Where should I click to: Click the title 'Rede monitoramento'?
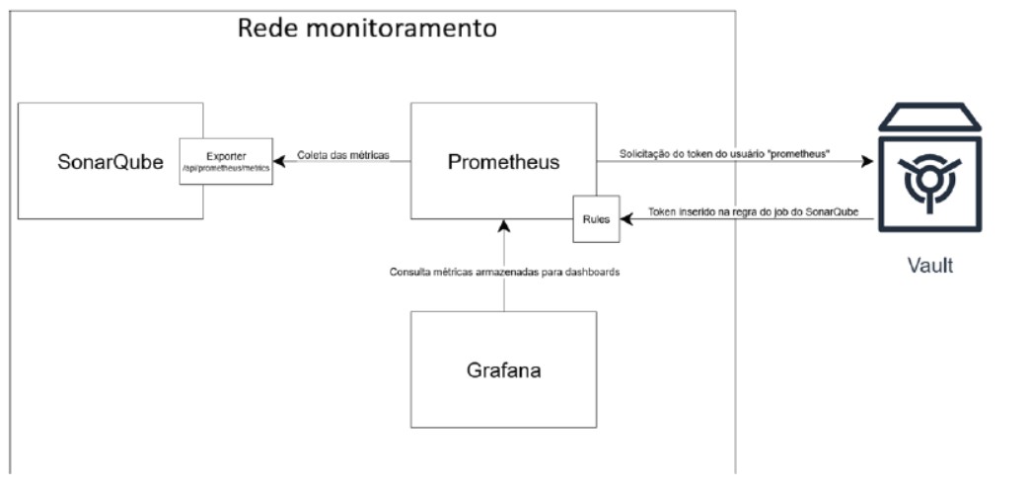[x=367, y=28]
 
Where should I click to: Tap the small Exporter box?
[x=225, y=163]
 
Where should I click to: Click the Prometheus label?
[x=503, y=161]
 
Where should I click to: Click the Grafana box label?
[x=503, y=371]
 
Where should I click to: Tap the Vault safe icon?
[x=930, y=172]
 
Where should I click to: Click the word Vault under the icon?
[x=930, y=266]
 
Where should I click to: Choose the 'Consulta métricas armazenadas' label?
[x=504, y=271]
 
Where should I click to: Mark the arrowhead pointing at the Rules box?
[x=625, y=219]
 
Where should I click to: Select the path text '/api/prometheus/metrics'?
[x=225, y=170]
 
